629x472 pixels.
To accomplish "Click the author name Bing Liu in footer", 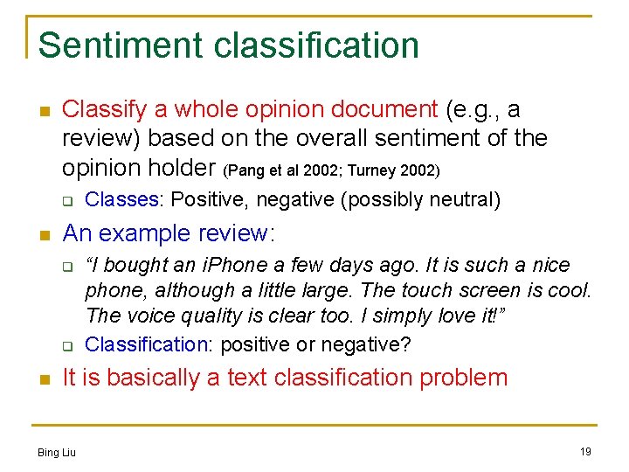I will (x=57, y=452).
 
